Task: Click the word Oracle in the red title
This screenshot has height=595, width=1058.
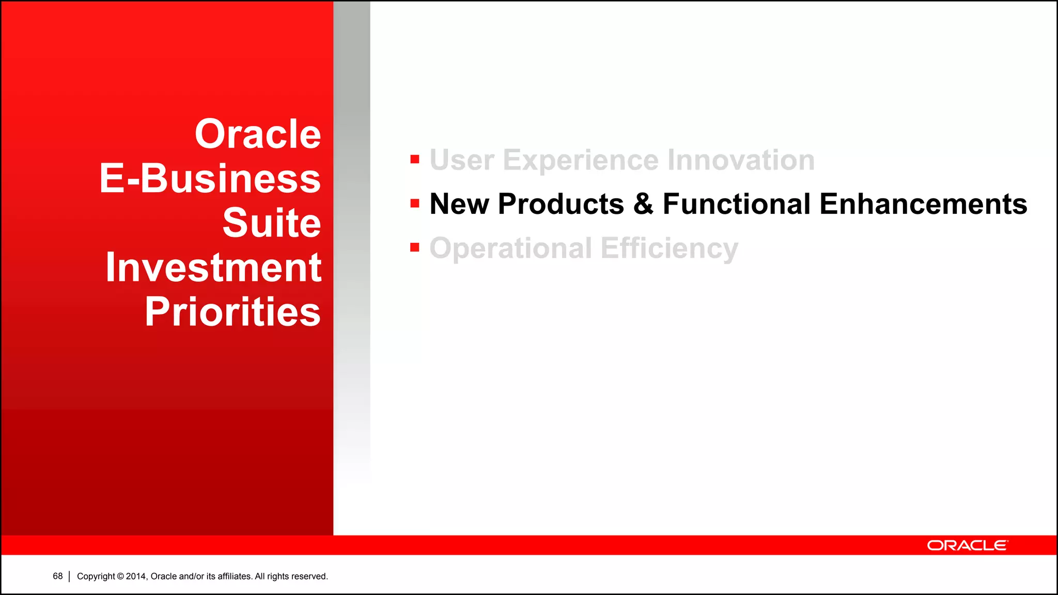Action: point(258,134)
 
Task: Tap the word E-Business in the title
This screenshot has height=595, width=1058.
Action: point(210,179)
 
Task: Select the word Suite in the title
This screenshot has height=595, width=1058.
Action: point(272,223)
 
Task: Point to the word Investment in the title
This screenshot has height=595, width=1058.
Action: point(213,268)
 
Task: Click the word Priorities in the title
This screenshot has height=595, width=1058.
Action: point(232,312)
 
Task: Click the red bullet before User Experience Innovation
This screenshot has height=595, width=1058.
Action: point(415,159)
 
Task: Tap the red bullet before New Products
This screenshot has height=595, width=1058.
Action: point(415,203)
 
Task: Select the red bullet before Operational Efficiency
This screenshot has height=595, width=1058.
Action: point(415,248)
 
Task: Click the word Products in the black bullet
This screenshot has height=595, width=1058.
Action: point(561,204)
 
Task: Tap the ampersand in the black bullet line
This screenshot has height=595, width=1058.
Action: point(643,204)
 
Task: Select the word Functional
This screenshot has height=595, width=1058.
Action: point(737,204)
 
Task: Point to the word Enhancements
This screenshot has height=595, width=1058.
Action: point(923,204)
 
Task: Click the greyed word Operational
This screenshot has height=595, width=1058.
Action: point(510,248)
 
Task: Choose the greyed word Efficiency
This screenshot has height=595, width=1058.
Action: point(670,248)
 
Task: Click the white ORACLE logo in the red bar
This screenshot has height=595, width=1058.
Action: point(967,545)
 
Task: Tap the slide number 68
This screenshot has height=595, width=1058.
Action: point(58,576)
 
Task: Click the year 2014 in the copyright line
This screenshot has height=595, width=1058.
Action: point(136,576)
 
